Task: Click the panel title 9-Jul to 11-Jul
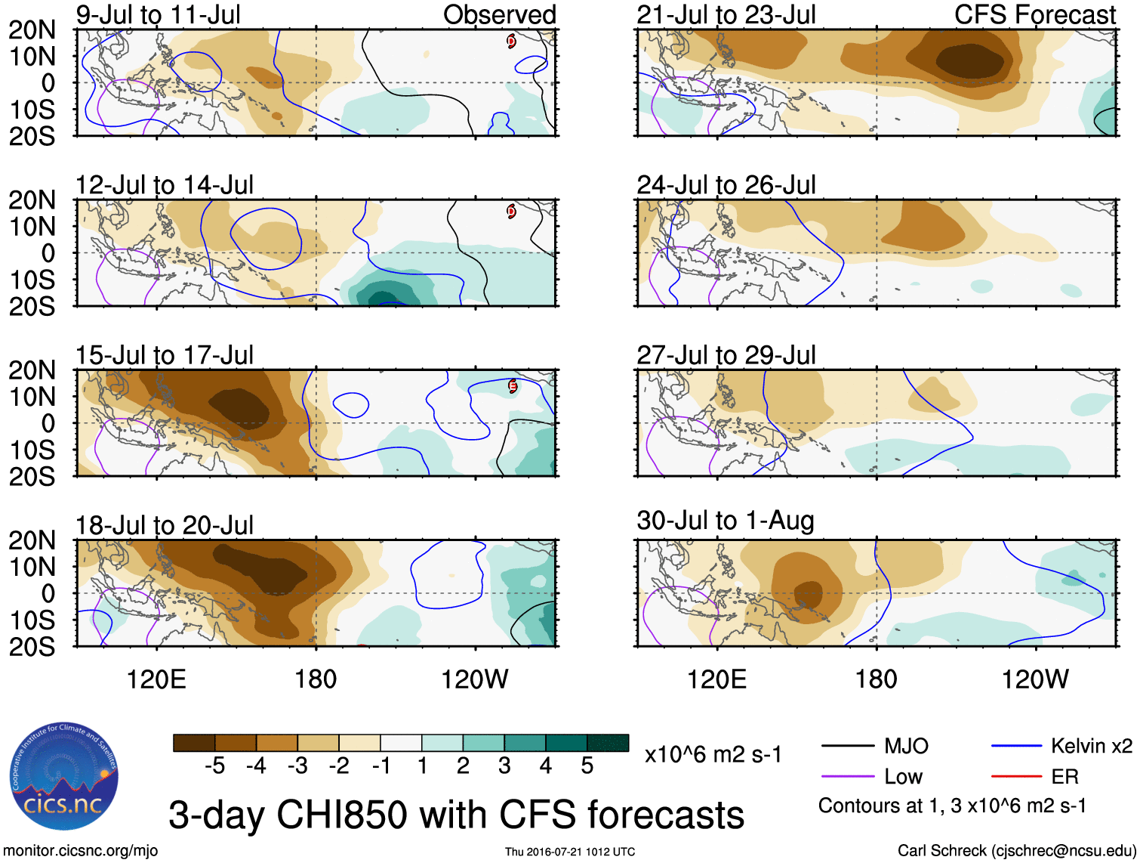[x=158, y=14]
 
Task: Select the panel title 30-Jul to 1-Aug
[x=725, y=521]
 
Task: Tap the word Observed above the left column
[x=499, y=14]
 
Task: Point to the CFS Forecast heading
[x=1034, y=14]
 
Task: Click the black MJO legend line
[x=847, y=747]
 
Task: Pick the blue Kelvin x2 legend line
[x=1016, y=747]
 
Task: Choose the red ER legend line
[x=1016, y=776]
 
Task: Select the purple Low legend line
[x=847, y=776]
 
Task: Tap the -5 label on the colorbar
[x=214, y=766]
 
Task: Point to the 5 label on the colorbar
[x=587, y=766]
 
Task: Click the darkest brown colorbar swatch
[x=194, y=743]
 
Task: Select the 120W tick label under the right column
[x=1034, y=679]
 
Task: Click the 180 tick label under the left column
[x=316, y=679]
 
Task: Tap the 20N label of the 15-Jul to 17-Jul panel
[x=32, y=370]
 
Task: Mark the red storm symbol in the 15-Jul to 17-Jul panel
[x=512, y=386]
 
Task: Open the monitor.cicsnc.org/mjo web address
[x=81, y=851]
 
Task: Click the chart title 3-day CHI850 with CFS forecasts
[x=456, y=815]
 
